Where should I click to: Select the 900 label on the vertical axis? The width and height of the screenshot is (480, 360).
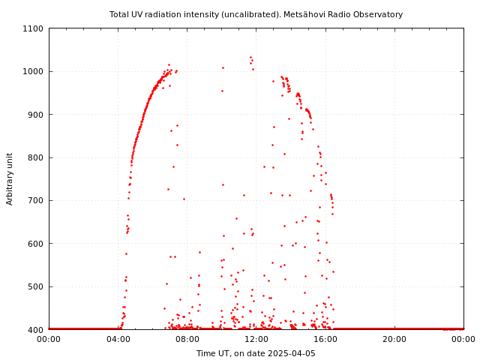(x=37, y=115)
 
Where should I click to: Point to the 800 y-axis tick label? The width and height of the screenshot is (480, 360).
(x=37, y=157)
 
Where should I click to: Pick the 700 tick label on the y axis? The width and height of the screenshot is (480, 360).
(x=37, y=200)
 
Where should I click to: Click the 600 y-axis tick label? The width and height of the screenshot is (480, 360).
(x=37, y=244)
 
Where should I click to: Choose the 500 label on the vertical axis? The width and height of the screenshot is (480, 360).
(x=37, y=286)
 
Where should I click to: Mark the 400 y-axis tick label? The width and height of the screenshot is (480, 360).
(x=37, y=329)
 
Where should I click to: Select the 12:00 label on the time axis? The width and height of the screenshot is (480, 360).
(x=256, y=339)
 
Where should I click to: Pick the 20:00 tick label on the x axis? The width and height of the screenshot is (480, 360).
(x=394, y=339)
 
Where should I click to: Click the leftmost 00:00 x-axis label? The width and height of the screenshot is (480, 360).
(x=49, y=339)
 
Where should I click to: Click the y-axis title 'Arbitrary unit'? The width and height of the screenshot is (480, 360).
(x=10, y=178)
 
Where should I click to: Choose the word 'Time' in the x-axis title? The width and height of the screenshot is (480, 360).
(x=205, y=353)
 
